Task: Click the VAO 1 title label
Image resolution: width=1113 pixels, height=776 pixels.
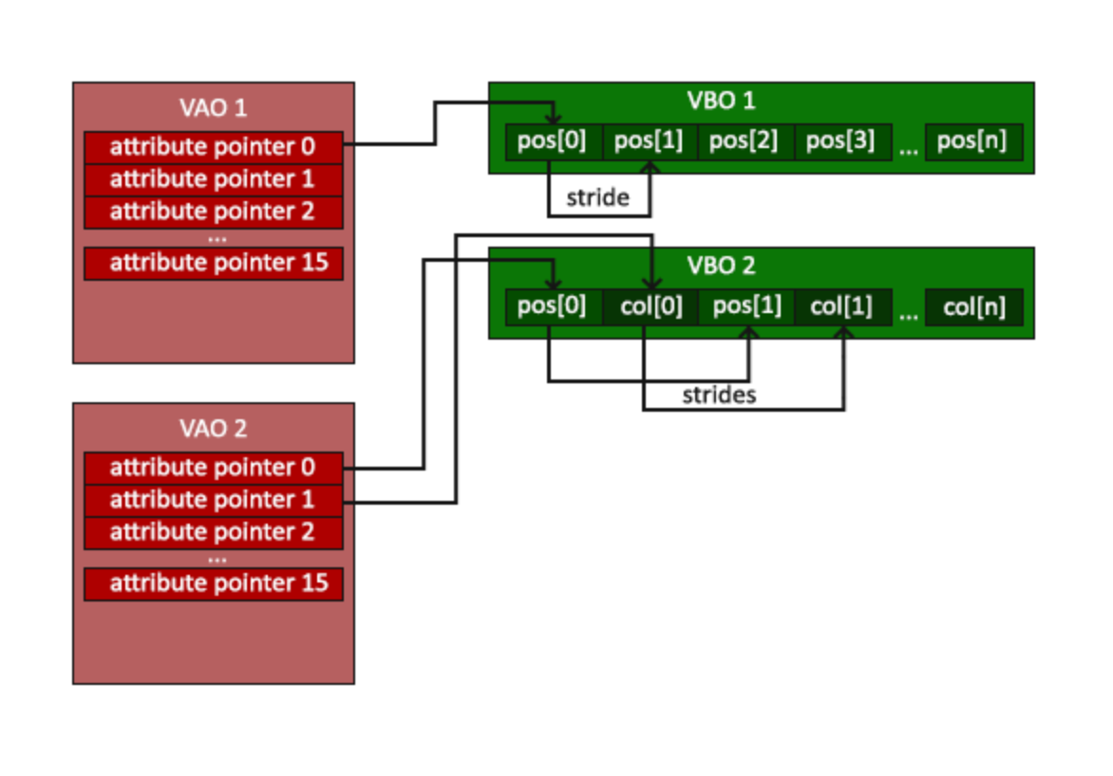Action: (213, 107)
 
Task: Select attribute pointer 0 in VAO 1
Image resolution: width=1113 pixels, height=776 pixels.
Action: (213, 147)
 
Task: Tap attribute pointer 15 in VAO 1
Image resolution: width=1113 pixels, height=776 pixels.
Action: (213, 263)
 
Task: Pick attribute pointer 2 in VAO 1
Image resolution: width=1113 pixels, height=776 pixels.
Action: (213, 212)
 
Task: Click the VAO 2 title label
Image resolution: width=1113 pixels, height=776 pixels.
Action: (213, 428)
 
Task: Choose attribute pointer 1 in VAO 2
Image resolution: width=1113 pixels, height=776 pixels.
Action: (213, 500)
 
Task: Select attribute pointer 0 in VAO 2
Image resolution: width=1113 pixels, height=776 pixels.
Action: (213, 468)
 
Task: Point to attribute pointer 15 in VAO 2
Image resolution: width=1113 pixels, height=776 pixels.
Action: (213, 583)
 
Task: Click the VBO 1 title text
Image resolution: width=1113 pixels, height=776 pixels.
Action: (722, 101)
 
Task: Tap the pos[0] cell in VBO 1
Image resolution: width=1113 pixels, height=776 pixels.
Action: (553, 142)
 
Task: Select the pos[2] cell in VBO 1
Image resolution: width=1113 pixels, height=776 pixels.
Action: (745, 142)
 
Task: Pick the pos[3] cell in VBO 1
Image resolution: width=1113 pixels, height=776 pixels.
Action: (841, 142)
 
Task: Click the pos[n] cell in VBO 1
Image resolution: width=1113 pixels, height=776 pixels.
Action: (972, 142)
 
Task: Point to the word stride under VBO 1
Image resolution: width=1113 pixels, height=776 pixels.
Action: (597, 198)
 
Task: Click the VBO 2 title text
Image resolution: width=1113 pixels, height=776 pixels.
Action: (722, 266)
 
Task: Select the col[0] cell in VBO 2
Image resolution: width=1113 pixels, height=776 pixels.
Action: (651, 307)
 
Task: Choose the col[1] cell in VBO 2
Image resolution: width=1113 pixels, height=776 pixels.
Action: (841, 307)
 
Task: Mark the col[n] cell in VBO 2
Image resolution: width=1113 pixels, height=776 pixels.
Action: (974, 307)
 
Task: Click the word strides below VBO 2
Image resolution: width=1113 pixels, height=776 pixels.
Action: (719, 396)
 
